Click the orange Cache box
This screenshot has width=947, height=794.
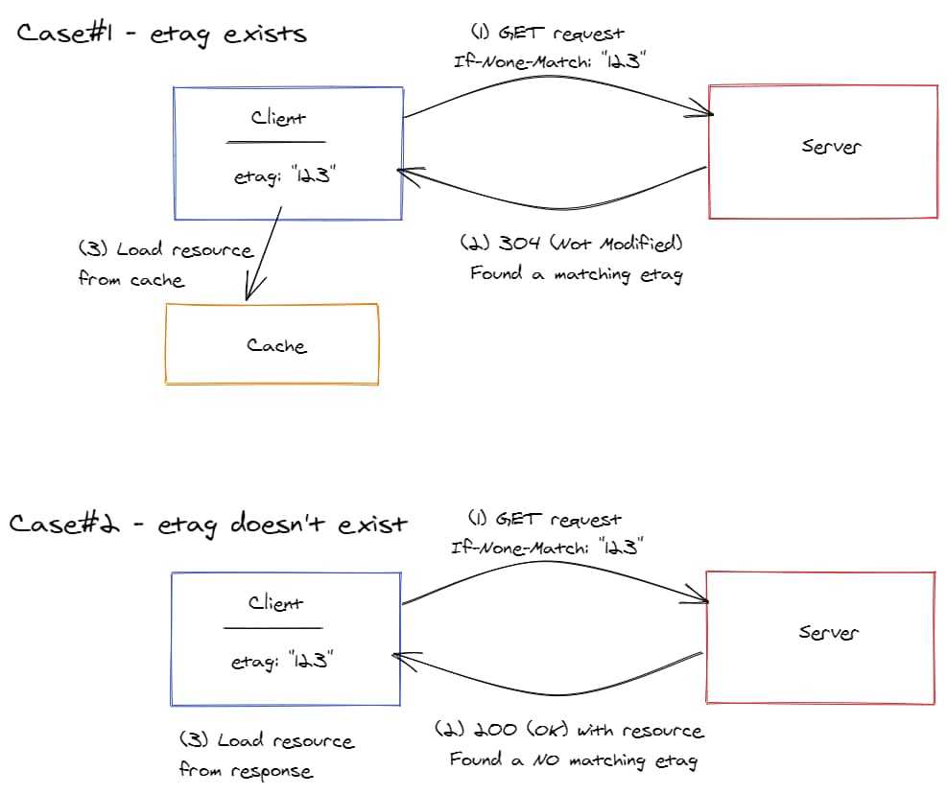tap(272, 345)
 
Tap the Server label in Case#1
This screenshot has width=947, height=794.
tap(831, 147)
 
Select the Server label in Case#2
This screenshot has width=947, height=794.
tap(829, 633)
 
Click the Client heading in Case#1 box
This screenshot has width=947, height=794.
tap(278, 118)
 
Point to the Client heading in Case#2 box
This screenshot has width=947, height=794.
tap(275, 603)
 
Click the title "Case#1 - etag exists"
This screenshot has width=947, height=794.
tap(161, 34)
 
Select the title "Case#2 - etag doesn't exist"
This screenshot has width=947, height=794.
tap(208, 525)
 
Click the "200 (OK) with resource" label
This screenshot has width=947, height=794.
tap(569, 731)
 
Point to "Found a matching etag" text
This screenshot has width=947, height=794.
tap(576, 274)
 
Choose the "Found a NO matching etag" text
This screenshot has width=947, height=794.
tap(574, 760)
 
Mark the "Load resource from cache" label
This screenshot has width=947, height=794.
tap(165, 264)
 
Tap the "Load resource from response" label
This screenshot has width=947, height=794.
tap(266, 756)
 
